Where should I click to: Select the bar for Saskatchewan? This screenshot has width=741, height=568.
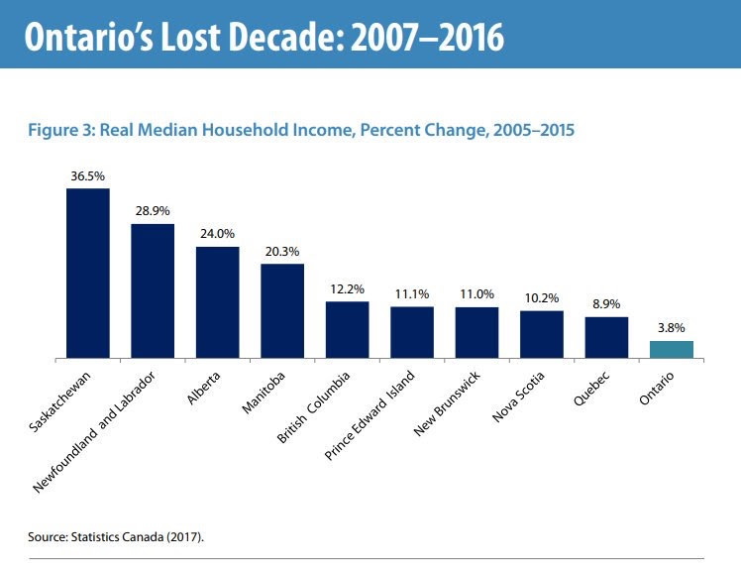coord(87,273)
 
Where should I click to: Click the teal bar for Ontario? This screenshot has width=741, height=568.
coord(672,349)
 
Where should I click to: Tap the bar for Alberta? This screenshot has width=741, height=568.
coord(217,301)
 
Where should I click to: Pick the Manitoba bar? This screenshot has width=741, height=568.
coord(282,310)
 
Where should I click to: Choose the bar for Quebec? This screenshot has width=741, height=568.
coord(606,337)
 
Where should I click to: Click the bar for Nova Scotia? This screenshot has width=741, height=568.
coord(542,334)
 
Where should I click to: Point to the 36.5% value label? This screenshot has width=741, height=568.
coord(87,176)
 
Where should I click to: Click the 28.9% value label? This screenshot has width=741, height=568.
coord(153,212)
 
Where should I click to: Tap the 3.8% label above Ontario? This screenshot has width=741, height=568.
coord(672,328)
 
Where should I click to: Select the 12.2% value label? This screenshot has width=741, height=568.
coord(347,289)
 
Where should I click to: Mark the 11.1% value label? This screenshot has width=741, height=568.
coord(412,294)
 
